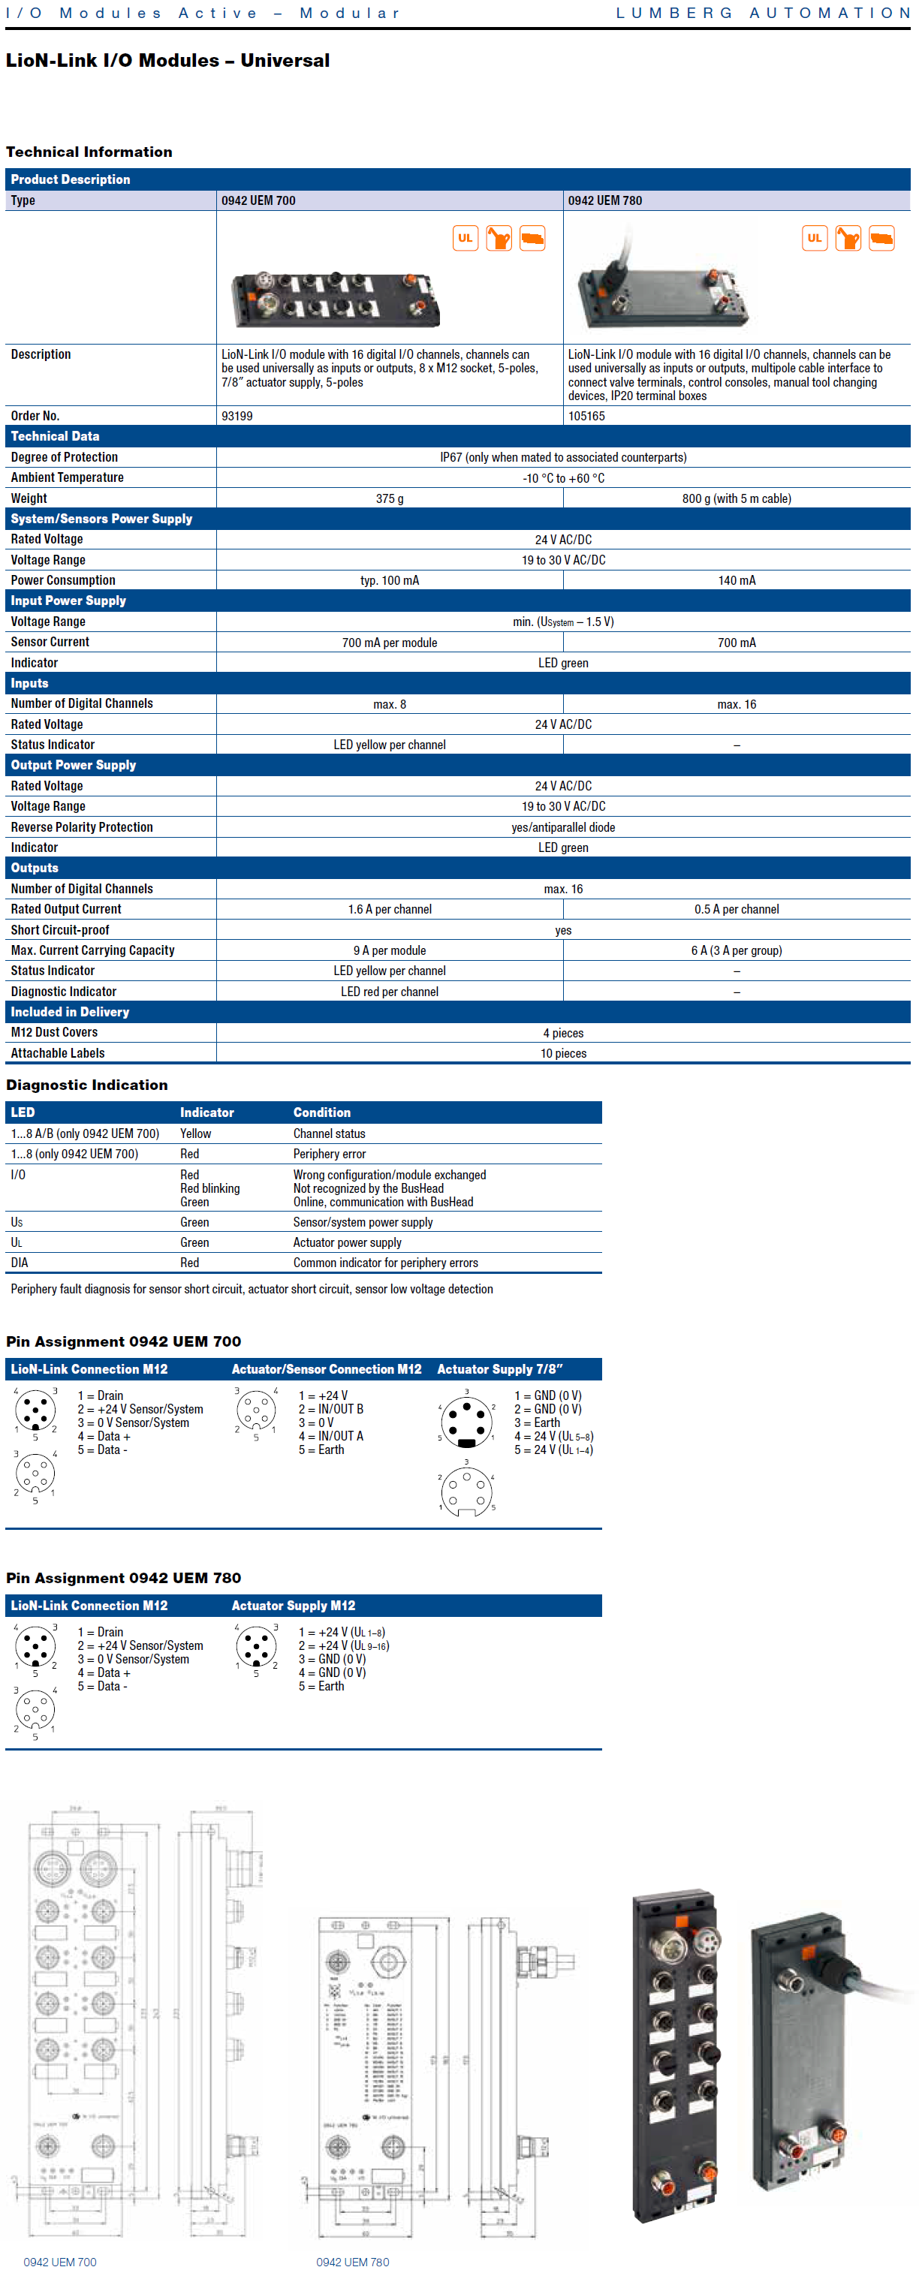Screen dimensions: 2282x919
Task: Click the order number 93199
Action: pos(237,415)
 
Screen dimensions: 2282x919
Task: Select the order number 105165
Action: pos(586,415)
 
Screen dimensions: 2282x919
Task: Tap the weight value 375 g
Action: pos(389,498)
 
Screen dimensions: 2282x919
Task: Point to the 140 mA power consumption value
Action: pos(737,580)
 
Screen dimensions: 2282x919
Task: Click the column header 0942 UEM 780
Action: pos(604,200)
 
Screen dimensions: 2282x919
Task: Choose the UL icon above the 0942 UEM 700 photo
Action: pos(466,238)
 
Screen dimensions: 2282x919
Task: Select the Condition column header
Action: pos(321,1112)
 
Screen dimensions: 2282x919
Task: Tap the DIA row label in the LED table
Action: pos(20,1263)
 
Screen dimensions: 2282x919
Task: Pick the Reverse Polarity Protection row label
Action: pos(82,826)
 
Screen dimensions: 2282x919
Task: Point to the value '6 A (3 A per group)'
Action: pos(737,950)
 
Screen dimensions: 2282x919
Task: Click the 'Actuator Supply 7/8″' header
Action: pos(500,1368)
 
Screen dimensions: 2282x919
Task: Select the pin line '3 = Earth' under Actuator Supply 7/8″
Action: pos(537,1422)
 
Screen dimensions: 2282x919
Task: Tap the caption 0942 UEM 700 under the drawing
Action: pos(59,2262)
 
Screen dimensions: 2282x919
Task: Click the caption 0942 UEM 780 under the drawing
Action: pos(352,2262)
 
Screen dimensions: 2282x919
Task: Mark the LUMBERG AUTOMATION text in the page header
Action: pos(763,14)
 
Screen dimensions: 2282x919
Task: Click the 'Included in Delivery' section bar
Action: pos(70,1012)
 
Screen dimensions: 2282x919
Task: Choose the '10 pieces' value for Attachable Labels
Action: pos(563,1053)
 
